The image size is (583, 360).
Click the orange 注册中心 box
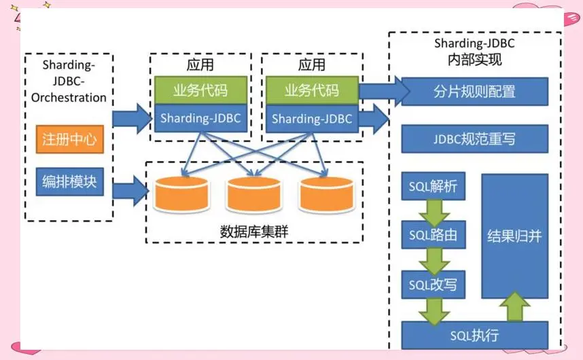tap(70, 139)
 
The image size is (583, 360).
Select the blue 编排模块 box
tap(70, 181)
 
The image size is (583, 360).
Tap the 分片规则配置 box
tap(475, 92)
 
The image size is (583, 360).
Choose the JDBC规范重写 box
tap(475, 139)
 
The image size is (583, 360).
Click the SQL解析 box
tap(433, 186)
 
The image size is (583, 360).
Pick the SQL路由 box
tap(433, 235)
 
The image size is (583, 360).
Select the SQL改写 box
tap(433, 285)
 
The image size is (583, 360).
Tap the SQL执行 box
tap(475, 335)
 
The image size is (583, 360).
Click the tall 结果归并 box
tap(515, 236)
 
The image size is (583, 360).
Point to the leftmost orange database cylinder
tap(182, 194)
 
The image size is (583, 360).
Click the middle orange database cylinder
tap(254, 194)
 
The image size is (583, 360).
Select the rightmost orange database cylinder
tap(327, 194)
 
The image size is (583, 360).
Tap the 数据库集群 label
tap(254, 232)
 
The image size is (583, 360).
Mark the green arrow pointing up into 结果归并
tap(515, 306)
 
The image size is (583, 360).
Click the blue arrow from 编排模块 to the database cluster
tap(130, 191)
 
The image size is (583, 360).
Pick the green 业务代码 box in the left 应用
tap(200, 90)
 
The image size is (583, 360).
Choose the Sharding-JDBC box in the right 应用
tap(313, 118)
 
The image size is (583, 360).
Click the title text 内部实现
tap(475, 60)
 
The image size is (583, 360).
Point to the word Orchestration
tap(69, 97)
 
